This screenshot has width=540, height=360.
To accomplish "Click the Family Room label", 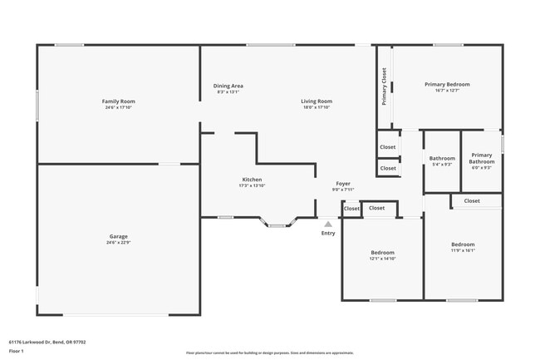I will tap(119, 101).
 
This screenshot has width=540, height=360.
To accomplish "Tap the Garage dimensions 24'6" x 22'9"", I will tap(119, 243).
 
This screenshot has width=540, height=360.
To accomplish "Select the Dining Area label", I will tap(228, 86).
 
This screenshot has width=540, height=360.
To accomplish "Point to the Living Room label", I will tap(317, 101).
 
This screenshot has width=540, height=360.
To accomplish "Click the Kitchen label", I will tap(252, 180).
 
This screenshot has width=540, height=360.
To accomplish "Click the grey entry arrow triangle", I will tap(328, 224).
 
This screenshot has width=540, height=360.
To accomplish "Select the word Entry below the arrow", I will tap(328, 233).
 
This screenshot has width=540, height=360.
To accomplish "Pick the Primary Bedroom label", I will tap(447, 84).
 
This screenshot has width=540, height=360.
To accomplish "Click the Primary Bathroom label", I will tap(482, 158).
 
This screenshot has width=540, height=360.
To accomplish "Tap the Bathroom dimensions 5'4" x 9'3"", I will tap(442, 165).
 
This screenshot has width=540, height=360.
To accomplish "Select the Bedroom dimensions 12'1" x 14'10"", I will tap(382, 259).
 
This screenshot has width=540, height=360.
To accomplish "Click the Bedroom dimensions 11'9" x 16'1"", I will tap(463, 250).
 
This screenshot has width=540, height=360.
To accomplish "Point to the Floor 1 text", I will tap(17, 351).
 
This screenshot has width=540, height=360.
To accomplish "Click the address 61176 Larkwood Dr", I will tap(47, 341).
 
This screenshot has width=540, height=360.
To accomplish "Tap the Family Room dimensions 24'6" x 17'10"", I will tap(119, 107).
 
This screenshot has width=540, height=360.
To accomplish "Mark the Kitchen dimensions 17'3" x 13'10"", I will tap(252, 185).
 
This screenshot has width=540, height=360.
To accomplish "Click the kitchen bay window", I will tap(277, 223).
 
